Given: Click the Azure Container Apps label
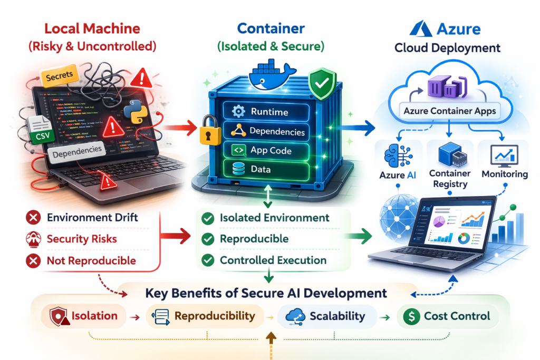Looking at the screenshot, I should click(447, 111).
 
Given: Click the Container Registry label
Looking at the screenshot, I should click(449, 179).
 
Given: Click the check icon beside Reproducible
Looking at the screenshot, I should click(208, 239).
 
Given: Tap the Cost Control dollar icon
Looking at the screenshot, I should click(410, 316).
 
